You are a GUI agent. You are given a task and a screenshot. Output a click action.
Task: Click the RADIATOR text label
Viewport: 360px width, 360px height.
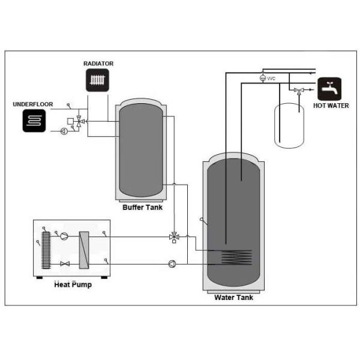pos(98,64)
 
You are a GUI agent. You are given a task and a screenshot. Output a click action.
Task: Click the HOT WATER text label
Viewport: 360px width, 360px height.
pos(330,106)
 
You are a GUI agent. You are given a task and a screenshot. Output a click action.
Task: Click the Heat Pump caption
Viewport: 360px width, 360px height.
pos(73,284)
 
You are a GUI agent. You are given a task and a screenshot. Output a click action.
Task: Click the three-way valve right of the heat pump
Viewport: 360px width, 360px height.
pos(175,237)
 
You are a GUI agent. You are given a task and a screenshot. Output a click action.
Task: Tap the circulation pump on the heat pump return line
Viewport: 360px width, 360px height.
pos(172,263)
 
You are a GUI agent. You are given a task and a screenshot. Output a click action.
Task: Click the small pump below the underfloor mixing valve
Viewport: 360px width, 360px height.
pos(64,131)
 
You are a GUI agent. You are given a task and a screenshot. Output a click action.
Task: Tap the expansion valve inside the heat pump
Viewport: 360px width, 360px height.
pos(65,264)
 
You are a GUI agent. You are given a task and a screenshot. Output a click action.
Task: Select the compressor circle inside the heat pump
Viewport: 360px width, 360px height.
pos(65,236)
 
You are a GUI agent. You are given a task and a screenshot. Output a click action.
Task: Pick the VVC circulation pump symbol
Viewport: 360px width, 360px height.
pos(262,79)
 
